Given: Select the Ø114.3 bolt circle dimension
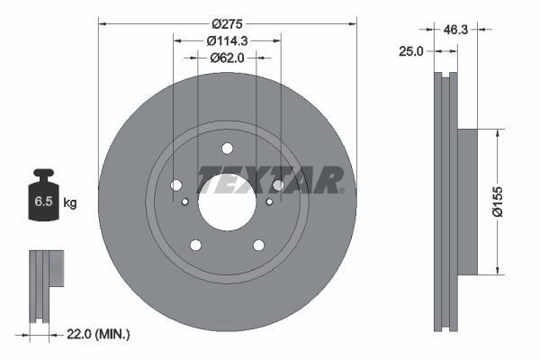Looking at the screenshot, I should [226, 40].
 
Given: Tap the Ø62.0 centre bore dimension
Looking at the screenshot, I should [226, 58].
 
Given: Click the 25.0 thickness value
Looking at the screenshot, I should [410, 52].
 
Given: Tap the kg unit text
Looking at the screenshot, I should [70, 203].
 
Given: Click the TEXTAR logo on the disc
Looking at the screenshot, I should [270, 179].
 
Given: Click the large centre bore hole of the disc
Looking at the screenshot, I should [226, 201].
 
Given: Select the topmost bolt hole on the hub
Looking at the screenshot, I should [227, 148].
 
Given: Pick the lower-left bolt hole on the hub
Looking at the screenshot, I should [194, 245].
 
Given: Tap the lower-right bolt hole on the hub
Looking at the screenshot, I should [258, 245].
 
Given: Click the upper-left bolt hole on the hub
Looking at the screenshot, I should [176, 185].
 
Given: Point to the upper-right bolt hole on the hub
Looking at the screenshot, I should [277, 185].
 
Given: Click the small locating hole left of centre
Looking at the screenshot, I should [184, 202].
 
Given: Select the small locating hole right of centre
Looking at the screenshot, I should [268, 202].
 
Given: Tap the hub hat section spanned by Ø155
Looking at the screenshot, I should [469, 202].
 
